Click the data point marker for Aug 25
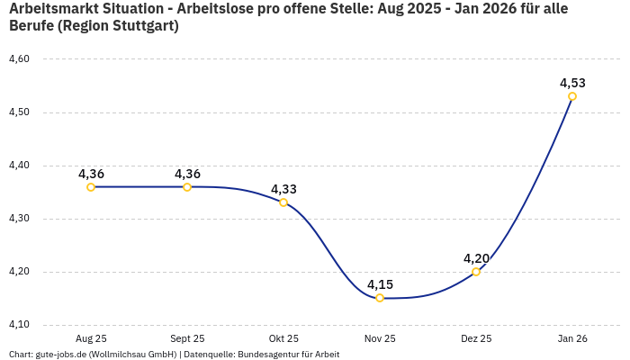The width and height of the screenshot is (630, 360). coord(91,187)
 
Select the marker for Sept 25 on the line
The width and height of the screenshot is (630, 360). coord(187,187)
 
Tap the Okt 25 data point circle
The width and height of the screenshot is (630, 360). coord(283,202)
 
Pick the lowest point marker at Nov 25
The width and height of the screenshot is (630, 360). coord(380,298)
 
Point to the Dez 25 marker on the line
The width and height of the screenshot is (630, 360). coord(476,272)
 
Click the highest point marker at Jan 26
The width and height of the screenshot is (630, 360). coord(572,96)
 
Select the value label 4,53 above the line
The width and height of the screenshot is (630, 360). coord(572,83)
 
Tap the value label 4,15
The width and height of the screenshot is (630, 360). coord(380,284)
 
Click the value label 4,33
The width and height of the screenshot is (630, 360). coord(283,189)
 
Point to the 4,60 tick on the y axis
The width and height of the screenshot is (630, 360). coord(19,59)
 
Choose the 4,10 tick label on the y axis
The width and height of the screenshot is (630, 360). coord(19,325)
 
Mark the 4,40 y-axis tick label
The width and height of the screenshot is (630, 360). coord(19,166)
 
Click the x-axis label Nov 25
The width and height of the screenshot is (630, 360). coord(380,338)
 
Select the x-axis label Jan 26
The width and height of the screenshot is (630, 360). coord(572,338)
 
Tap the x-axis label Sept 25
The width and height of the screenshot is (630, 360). coord(187,338)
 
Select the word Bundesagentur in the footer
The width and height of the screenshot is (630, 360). coord(273,355)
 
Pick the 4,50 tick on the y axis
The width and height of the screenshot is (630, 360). coord(19,112)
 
